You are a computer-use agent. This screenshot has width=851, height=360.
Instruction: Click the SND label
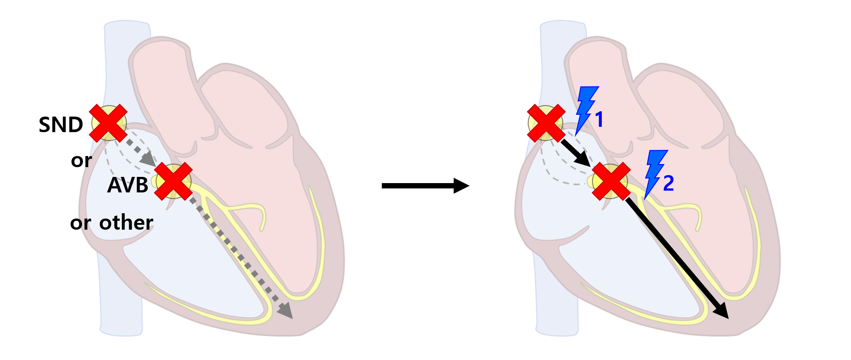click(x=61, y=125)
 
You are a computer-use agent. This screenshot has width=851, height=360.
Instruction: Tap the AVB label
click(x=128, y=185)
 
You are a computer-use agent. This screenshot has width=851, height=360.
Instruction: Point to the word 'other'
click(x=126, y=223)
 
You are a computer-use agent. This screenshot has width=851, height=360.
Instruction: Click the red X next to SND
click(x=109, y=123)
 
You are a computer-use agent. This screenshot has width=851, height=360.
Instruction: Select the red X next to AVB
click(x=173, y=181)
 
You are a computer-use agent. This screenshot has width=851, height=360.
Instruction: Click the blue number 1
click(x=599, y=120)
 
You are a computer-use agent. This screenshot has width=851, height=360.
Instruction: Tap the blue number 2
click(x=668, y=183)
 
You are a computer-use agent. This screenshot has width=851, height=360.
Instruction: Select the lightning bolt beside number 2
click(x=655, y=172)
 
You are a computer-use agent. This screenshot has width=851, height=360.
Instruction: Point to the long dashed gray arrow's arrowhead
click(x=285, y=310)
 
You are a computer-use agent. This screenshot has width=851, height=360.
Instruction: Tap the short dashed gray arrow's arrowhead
click(x=147, y=158)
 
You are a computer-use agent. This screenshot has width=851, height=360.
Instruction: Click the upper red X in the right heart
click(x=546, y=123)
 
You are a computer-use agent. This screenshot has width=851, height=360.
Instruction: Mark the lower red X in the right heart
click(x=611, y=181)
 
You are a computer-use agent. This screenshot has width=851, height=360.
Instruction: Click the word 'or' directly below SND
click(x=81, y=160)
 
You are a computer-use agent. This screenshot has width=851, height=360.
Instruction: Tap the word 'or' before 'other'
click(x=80, y=223)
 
